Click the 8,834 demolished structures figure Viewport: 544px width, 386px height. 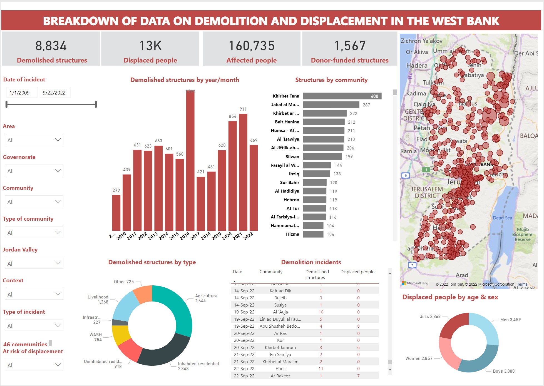tap(51, 46)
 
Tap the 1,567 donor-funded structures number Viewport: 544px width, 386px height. tap(350, 46)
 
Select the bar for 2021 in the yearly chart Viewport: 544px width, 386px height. tap(243, 172)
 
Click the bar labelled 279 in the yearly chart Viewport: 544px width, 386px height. tap(116, 213)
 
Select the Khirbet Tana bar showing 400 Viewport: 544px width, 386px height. tap(342, 96)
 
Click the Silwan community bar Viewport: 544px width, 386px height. tap(322, 156)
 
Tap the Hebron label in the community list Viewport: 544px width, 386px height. tap(291, 200)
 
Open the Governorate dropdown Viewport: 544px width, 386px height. tap(34, 171)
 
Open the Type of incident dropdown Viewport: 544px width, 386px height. tap(34, 326)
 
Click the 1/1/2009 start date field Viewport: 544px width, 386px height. tap(22, 93)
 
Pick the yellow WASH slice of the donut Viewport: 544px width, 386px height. tap(121, 335)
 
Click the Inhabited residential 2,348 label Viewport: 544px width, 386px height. tap(198, 366)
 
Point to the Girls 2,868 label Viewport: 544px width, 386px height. tap(430, 317)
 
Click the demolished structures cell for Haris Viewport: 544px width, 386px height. tap(321, 369)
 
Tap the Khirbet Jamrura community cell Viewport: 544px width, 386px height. tap(280, 348)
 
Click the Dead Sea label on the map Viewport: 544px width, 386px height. tap(502, 218)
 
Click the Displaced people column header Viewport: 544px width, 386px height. tap(357, 272)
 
